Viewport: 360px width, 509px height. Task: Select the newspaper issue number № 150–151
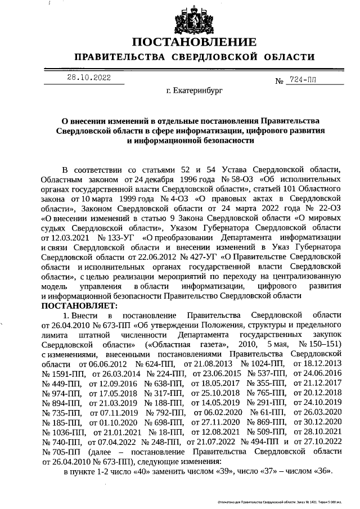pyautogui.click(x=321, y=343)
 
